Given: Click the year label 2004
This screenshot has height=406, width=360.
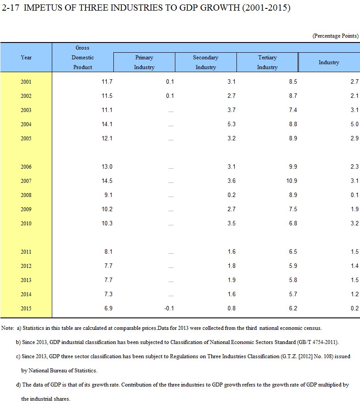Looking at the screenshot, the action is click(26, 124).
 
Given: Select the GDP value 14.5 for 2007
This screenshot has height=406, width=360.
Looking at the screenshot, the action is click(107, 181).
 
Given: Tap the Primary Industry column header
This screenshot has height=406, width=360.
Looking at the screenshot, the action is click(144, 62).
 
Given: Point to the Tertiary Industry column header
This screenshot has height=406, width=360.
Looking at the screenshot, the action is click(267, 62).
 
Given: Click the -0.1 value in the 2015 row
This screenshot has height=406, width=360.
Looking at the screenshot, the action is click(169, 308).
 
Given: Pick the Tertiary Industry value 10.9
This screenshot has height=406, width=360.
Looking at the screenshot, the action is click(292, 181).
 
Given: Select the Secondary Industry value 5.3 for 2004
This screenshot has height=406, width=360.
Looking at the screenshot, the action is click(232, 124).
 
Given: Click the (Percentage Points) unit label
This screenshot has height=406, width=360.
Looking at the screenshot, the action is click(336, 36).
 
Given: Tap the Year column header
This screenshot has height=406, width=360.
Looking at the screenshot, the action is click(26, 58).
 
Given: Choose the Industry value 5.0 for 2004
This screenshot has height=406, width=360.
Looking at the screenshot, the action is click(355, 124).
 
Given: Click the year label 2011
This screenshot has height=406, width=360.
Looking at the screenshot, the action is click(26, 251).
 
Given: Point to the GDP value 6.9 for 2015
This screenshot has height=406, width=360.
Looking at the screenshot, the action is click(108, 308).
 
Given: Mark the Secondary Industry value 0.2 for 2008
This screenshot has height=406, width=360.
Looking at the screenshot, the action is click(232, 195).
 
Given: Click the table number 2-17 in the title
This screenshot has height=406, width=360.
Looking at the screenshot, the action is click(11, 8).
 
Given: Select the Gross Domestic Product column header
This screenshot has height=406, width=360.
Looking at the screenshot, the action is click(83, 58).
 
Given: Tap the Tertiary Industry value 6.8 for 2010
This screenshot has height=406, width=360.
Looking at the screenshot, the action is click(293, 223).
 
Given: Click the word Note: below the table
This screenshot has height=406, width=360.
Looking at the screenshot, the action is click(8, 328).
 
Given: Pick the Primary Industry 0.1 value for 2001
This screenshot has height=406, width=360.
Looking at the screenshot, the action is click(170, 81).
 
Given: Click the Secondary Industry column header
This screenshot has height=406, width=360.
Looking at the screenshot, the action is click(205, 62).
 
